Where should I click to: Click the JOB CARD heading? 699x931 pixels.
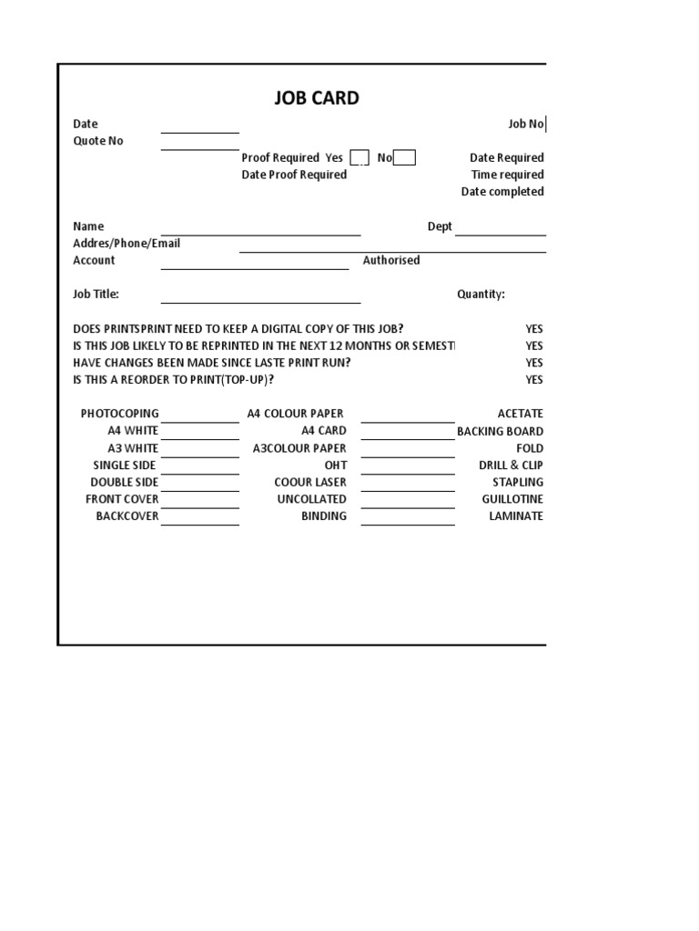317,98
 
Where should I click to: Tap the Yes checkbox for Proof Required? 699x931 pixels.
360,158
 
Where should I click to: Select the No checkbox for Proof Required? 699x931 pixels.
405,158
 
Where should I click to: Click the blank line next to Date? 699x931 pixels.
200,128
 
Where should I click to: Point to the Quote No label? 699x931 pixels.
98,141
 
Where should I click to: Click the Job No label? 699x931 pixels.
525,124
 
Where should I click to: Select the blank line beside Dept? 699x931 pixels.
500,230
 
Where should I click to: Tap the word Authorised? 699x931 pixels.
391,260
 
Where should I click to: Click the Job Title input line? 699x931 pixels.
261,298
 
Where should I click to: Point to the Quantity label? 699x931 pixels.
481,294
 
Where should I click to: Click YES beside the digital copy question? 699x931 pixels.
534,328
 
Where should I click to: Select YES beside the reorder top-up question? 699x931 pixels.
534,380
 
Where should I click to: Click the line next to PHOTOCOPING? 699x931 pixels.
200,417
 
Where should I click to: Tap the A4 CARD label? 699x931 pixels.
324,431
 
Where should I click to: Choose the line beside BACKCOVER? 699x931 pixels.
200,520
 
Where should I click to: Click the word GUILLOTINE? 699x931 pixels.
512,499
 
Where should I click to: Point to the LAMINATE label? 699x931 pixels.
516,516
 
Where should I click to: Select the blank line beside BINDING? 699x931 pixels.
408,520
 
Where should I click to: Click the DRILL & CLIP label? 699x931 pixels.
511,465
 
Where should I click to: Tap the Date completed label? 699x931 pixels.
502,192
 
